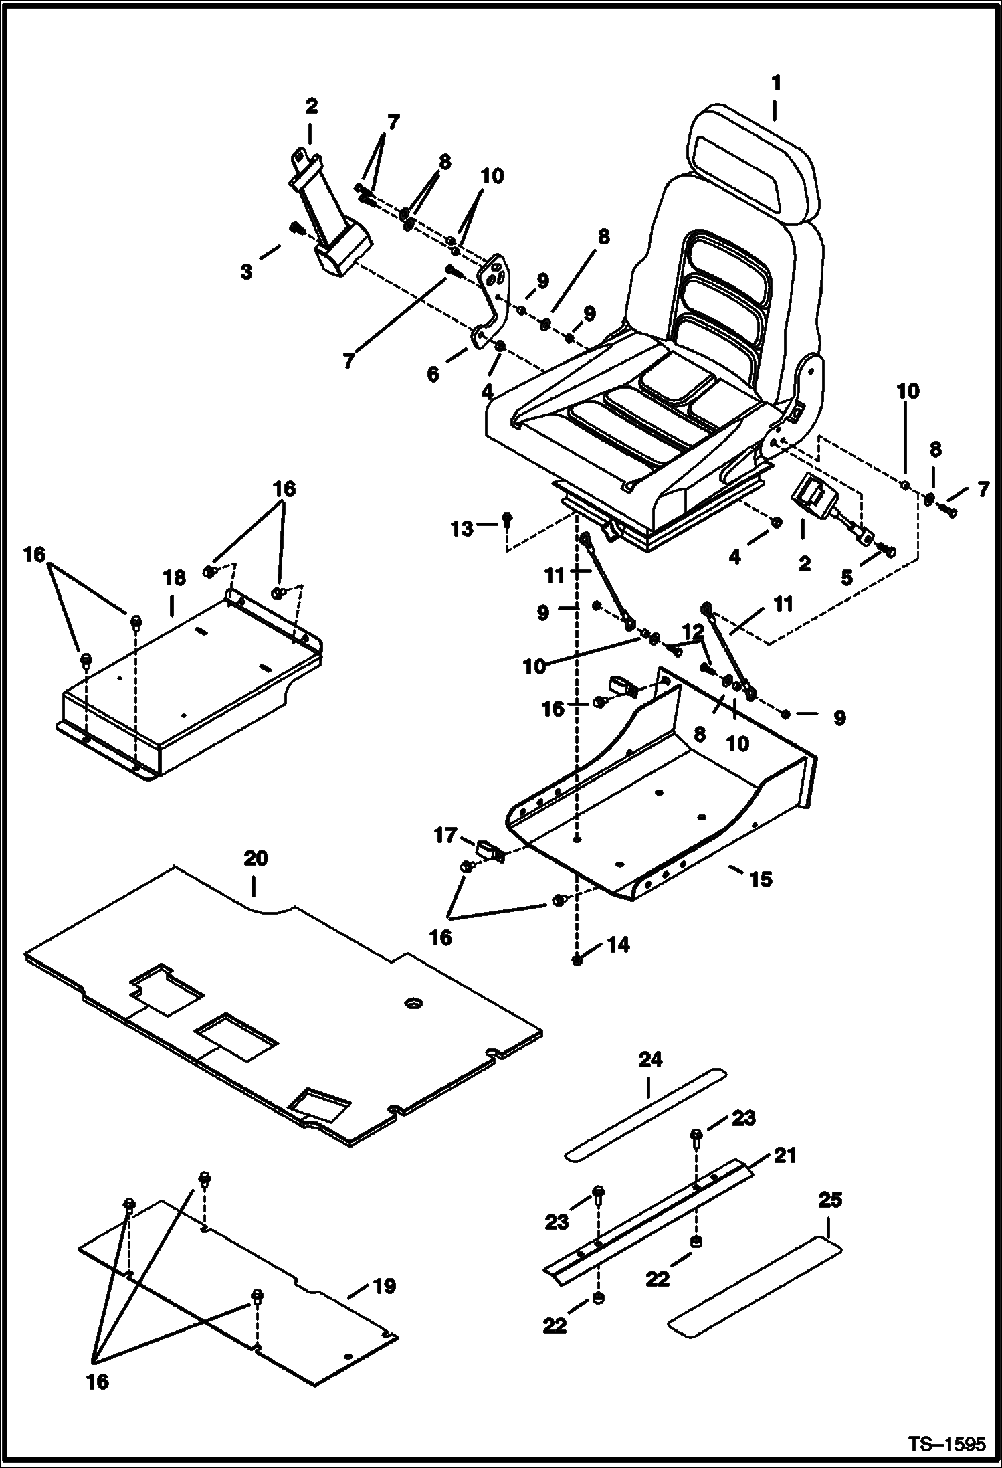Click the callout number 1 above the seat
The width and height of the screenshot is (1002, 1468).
[x=775, y=84]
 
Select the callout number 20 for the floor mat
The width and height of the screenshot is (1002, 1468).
[x=255, y=858]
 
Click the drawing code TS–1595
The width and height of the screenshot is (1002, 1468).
[x=946, y=1444]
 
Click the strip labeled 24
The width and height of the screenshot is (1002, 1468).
[x=645, y=1115]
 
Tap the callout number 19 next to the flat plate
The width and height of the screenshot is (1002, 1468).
[x=384, y=1286]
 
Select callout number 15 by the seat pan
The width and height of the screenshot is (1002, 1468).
[x=761, y=879]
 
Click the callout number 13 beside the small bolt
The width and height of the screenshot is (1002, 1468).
[x=461, y=529]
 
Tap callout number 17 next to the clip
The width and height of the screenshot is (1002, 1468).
[x=445, y=836]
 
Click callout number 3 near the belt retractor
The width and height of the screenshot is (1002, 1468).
[x=247, y=272]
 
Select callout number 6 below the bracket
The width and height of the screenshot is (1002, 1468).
[x=433, y=373]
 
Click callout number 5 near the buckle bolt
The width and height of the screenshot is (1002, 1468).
[x=846, y=577]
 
